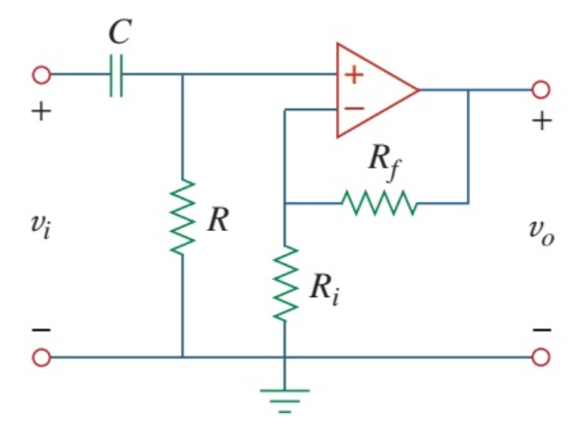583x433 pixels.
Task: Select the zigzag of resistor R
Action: pyautogui.click(x=183, y=217)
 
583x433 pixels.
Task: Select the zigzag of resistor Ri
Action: pyautogui.click(x=285, y=282)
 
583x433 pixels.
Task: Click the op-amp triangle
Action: pyautogui.click(x=372, y=90)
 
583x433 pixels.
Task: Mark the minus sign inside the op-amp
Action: pyautogui.click(x=353, y=110)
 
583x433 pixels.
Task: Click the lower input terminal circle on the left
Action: pyautogui.click(x=42, y=357)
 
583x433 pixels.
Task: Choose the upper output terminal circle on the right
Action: pyautogui.click(x=541, y=90)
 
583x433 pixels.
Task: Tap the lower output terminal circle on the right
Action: pyautogui.click(x=541, y=357)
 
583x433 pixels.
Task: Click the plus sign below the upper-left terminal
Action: pyautogui.click(x=42, y=114)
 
